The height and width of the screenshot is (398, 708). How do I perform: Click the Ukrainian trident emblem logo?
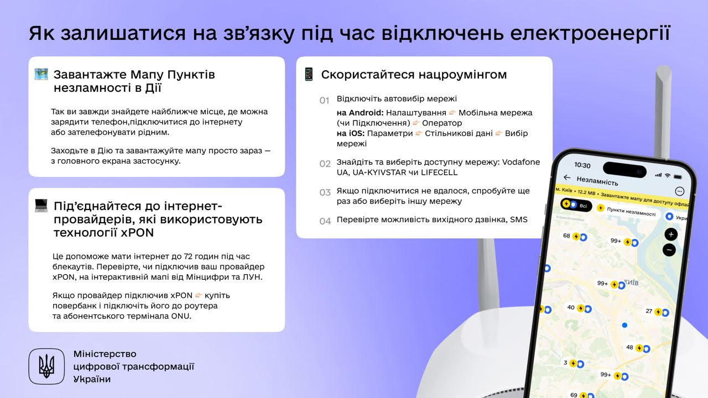pos(46,366)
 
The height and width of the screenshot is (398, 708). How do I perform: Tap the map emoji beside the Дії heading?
pos(41,74)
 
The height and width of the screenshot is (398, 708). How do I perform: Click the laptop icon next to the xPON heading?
pos(41,206)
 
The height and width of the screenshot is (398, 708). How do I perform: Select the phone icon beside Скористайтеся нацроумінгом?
pos(309,74)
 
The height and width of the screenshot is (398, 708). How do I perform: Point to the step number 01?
pos(324,101)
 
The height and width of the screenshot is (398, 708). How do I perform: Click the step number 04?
pos(325,221)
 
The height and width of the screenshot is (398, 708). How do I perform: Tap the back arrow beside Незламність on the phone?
pos(566,177)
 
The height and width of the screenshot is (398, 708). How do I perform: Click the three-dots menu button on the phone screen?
pos(680,191)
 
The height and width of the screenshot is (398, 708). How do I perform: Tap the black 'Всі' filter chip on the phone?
pos(576,205)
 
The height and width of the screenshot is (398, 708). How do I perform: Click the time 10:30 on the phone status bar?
pos(582,165)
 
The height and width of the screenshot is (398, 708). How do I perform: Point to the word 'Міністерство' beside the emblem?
pos(105,354)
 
